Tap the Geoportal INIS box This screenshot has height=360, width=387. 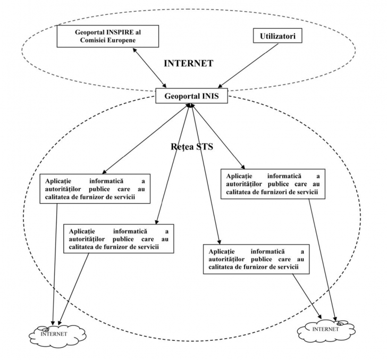point(190,97)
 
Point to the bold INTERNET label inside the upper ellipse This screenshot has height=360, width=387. point(189,63)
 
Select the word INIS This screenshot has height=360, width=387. point(211,97)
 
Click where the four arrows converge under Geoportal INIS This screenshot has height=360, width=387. point(190,106)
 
